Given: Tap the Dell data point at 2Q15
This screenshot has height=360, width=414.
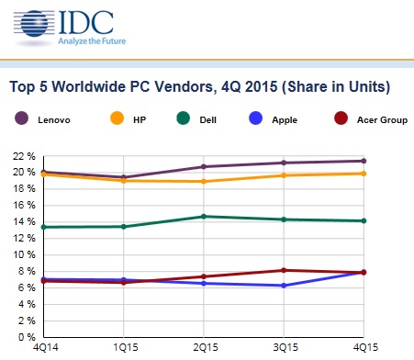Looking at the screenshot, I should coord(204,217).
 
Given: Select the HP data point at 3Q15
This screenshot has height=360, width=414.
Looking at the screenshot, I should coord(284,174).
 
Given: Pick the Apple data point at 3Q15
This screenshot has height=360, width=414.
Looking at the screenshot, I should coord(284,286).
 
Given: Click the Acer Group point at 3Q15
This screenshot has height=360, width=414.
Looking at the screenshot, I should coord(284,270).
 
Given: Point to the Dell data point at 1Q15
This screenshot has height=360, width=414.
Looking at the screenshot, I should coord(123,226).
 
